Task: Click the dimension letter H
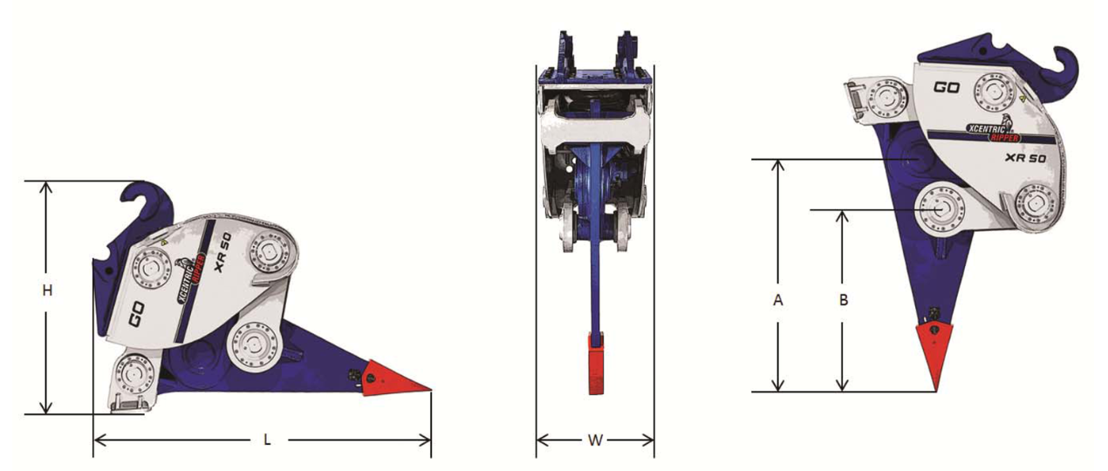(x=47, y=290)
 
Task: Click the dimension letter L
(x=267, y=440)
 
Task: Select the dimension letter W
(x=595, y=440)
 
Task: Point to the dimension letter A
(x=778, y=300)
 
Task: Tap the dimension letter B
(x=844, y=300)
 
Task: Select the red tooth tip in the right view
(x=935, y=355)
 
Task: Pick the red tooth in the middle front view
(x=596, y=365)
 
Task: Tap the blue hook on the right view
(x=1064, y=72)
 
